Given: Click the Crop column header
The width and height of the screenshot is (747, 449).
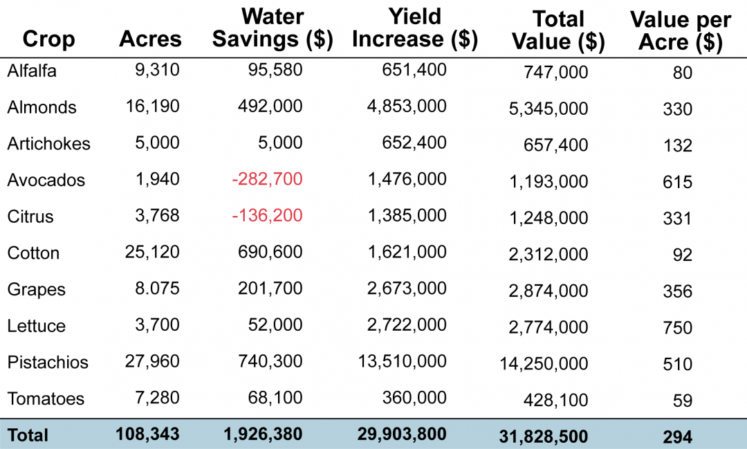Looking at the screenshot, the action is click(48, 39).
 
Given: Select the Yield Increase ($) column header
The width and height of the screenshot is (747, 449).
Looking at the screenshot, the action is click(415, 28).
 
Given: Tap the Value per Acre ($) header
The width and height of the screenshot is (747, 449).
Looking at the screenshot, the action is click(681, 31).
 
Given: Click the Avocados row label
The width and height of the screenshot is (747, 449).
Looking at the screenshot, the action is click(46, 180).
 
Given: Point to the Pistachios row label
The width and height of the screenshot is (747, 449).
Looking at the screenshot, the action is click(48, 363).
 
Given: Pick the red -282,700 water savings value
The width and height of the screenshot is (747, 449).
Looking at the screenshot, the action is click(267, 179).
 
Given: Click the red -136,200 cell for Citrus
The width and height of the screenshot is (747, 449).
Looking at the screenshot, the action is click(267, 215).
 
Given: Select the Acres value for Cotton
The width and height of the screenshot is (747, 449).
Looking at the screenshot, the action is click(152, 252).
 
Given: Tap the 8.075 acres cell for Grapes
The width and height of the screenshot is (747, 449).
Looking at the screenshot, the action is click(157, 288).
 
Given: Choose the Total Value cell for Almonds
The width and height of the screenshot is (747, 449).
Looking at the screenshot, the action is click(548, 109).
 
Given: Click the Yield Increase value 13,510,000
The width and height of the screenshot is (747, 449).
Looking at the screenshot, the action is click(402, 361).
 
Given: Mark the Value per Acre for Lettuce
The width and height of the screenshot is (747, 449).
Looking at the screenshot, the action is click(677, 327).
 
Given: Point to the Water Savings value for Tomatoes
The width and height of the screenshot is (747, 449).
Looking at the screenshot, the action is click(275, 398).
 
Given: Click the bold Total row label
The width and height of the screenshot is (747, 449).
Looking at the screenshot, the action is click(28, 435).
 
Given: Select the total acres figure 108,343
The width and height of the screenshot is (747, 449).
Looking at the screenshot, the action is click(148, 434).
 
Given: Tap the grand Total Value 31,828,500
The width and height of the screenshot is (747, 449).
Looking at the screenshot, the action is click(544, 437).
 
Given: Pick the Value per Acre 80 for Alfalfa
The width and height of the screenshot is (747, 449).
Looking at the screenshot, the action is click(683, 73).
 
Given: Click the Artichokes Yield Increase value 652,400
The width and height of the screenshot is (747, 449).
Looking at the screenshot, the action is click(414, 143).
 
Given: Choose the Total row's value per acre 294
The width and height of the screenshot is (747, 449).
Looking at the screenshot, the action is click(677, 437).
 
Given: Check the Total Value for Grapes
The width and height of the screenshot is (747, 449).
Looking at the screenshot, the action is click(548, 291).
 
